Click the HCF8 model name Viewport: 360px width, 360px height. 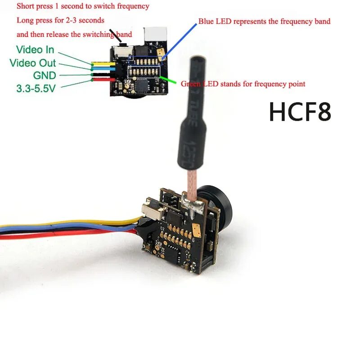tap(300, 112)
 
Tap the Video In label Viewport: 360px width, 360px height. tap(35, 49)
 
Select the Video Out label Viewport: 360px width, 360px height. tap(33, 63)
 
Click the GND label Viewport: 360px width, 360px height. tap(45, 75)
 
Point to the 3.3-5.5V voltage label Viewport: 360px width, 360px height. tap(36, 88)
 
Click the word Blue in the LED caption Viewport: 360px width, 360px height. tap(206, 21)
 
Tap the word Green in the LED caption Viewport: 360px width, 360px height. tap(189, 84)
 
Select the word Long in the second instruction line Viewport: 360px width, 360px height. tap(24, 20)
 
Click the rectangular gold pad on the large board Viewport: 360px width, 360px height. tap(197, 231)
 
